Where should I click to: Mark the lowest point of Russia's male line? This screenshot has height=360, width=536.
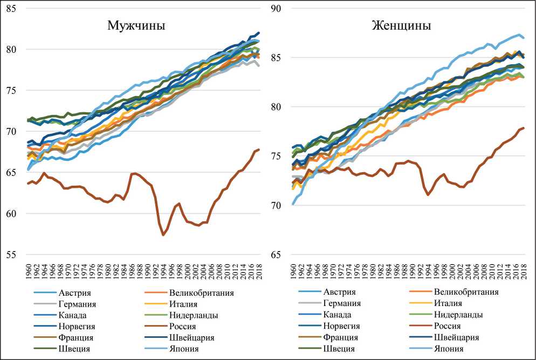point(163,235)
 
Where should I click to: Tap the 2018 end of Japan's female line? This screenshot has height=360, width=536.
point(523,38)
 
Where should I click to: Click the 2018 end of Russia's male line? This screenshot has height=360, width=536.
point(259,150)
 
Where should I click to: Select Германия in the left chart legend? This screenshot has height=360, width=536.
point(77,303)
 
